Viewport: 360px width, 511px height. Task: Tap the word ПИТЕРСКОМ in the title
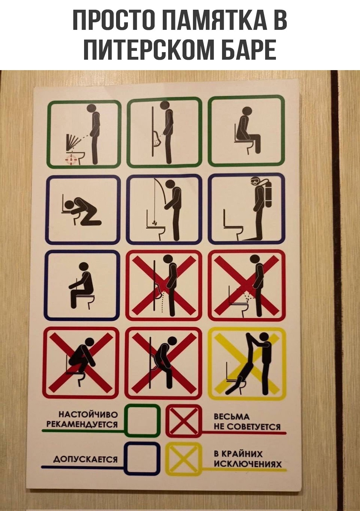[148, 50]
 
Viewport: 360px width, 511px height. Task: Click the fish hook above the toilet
[155, 223]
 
